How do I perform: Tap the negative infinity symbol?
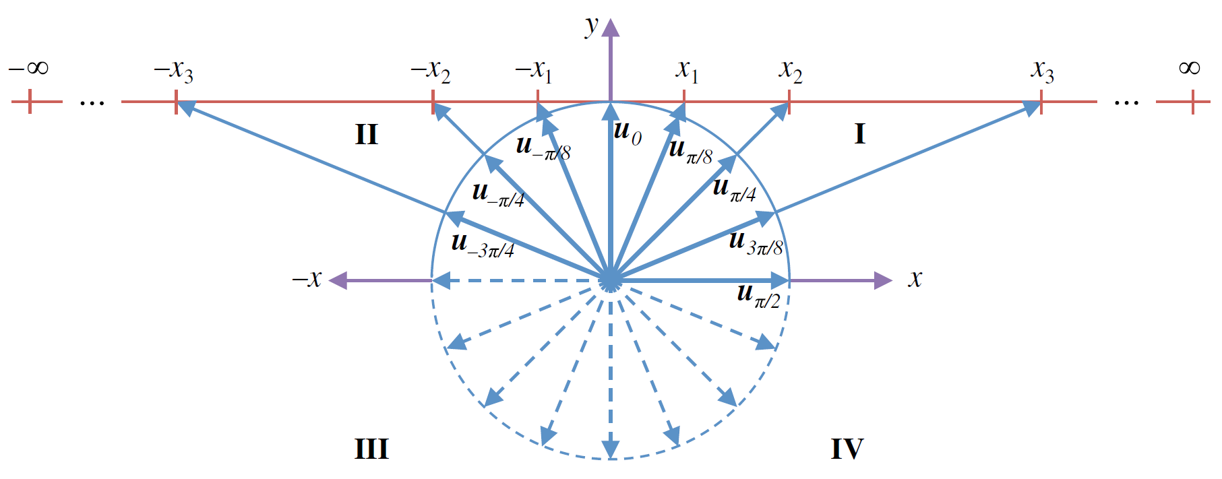(29, 68)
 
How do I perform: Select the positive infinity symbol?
(1189, 68)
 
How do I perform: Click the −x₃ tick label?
(173, 71)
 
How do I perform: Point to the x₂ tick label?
(791, 71)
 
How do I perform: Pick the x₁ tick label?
(687, 71)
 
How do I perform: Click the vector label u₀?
(628, 132)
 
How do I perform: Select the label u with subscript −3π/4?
(483, 244)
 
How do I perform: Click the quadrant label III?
(371, 449)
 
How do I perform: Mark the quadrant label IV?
(847, 449)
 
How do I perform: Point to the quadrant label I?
(859, 134)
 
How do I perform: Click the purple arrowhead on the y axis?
(611, 28)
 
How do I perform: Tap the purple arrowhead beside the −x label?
(338, 280)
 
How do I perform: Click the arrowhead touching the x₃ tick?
(1031, 107)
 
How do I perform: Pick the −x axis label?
(307, 279)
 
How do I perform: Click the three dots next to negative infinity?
(92, 103)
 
